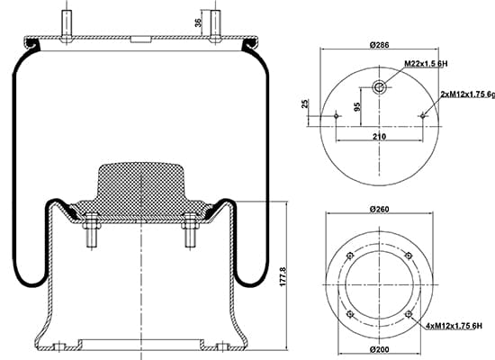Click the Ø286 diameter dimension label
[379, 45]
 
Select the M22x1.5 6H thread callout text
[427, 64]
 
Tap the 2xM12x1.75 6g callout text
[467, 94]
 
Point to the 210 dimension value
[379, 137]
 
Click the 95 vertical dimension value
[357, 107]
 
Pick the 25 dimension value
[304, 103]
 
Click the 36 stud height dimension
[198, 22]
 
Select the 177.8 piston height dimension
[283, 276]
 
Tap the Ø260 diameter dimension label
[379, 209]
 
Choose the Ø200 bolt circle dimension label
[379, 349]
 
